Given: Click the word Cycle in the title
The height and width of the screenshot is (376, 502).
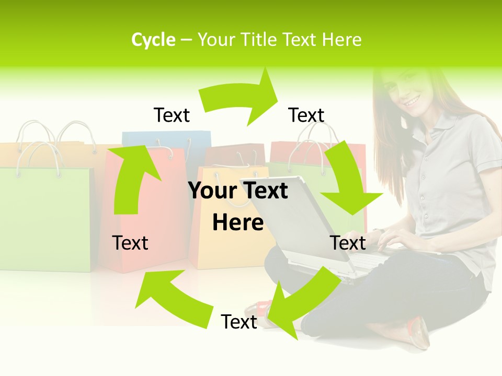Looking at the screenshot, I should (153, 40).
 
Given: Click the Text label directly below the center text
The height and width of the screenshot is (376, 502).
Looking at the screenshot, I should (239, 322).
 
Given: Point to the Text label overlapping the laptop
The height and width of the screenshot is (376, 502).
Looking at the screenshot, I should (348, 243).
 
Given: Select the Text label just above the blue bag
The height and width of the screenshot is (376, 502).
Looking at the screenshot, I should (172, 115).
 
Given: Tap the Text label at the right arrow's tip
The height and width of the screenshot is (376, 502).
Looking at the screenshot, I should (306, 115).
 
